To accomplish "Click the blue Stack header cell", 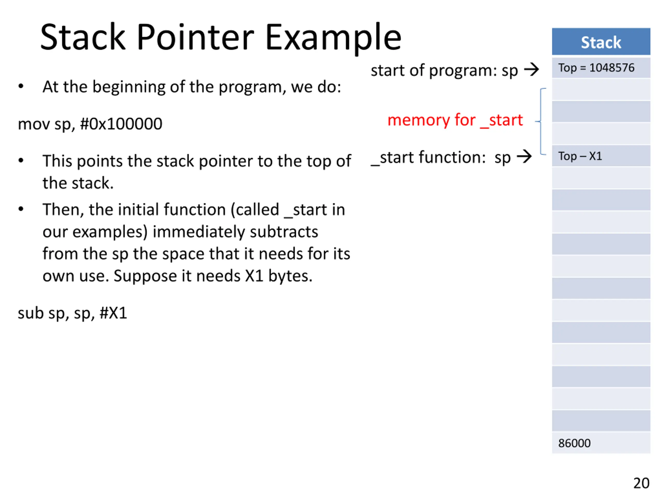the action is pyautogui.click(x=601, y=41).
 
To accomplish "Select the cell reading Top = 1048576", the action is pyautogui.click(x=601, y=68).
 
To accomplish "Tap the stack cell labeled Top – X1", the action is pyautogui.click(x=601, y=156).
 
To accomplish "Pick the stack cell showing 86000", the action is pyautogui.click(x=601, y=443).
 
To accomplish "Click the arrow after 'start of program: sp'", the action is pyautogui.click(x=531, y=69).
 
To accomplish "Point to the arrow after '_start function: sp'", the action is pyautogui.click(x=524, y=156).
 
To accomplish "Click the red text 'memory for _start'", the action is pyautogui.click(x=455, y=120).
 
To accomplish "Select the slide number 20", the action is pyautogui.click(x=641, y=483).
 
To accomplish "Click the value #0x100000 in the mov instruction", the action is pyautogui.click(x=121, y=124).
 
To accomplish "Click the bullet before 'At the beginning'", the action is pyautogui.click(x=21, y=86).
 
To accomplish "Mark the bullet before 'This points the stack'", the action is pyautogui.click(x=21, y=160).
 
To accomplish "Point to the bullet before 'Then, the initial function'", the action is pyautogui.click(x=21, y=209).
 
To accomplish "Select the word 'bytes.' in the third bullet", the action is pyautogui.click(x=290, y=276).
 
